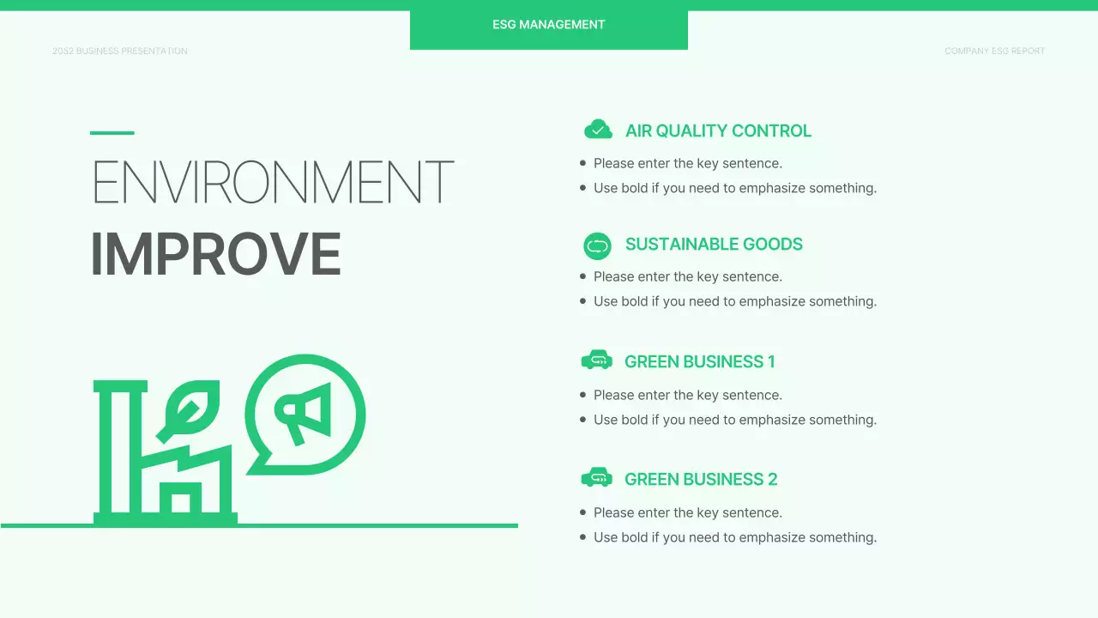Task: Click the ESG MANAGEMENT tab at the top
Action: [549, 25]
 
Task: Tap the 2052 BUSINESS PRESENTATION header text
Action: [120, 51]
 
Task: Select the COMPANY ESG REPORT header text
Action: [994, 51]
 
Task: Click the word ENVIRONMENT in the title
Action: [272, 182]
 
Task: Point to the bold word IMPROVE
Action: [215, 255]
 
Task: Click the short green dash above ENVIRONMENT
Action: [112, 133]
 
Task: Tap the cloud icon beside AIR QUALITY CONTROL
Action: [598, 130]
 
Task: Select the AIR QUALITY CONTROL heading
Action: [718, 131]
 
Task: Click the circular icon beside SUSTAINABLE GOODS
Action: [597, 246]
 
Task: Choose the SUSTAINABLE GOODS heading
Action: [714, 245]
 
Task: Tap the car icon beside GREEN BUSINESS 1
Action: [596, 360]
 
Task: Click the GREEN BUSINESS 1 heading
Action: [699, 362]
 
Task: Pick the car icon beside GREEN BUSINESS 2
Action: [596, 478]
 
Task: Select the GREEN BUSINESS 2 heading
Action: [701, 480]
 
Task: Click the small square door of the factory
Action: [180, 502]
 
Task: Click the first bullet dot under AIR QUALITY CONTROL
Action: [583, 163]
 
